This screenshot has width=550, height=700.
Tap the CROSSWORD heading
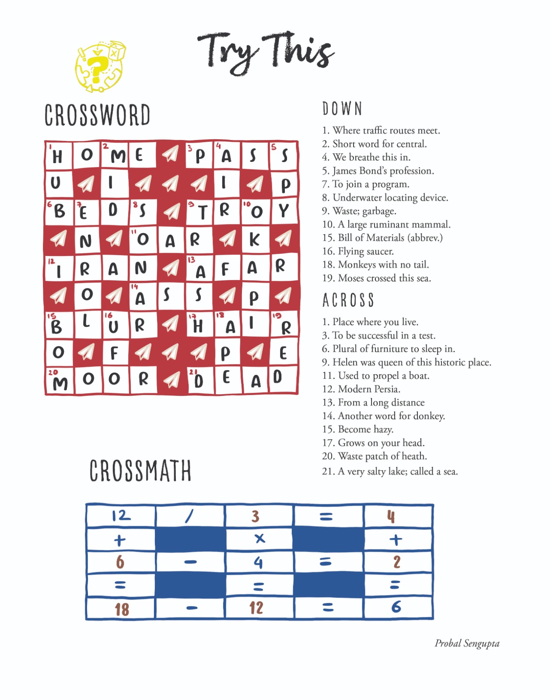coord(97,115)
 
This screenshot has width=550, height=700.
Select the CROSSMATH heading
coord(140,471)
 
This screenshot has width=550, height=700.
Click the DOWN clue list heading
coord(342,109)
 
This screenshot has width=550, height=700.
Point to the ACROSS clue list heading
coord(348,300)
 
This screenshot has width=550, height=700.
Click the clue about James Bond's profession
coord(378,171)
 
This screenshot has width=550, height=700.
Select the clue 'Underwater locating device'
coord(385,198)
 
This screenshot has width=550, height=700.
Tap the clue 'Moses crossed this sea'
coord(376,278)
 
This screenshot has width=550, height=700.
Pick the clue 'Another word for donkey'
coord(383,416)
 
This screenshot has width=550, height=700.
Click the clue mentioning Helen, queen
coord(406,362)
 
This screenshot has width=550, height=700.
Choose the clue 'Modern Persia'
coord(361,389)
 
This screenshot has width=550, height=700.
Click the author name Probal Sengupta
coord(467,643)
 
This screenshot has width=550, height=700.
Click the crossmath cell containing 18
coord(121,609)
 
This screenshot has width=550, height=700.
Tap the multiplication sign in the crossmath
coord(259,539)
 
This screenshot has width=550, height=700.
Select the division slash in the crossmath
coord(189,517)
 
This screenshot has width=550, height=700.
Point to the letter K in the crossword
coord(254,239)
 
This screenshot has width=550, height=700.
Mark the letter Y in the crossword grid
coord(284,211)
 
